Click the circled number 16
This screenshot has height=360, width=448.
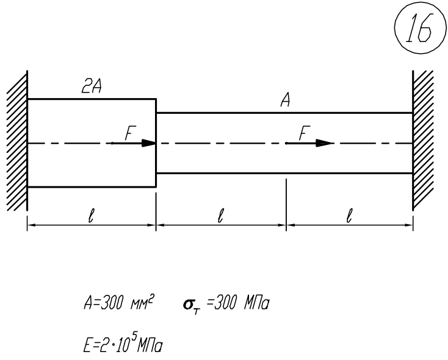421,27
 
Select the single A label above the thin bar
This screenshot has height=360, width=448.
286,101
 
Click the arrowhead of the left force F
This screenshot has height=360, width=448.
149,143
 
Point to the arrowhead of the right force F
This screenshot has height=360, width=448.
325,143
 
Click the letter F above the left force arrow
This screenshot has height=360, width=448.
130,133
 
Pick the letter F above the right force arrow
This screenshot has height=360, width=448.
305,133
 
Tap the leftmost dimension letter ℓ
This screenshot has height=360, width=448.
91,216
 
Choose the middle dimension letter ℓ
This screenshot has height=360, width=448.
220,216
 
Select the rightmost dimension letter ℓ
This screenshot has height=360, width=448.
349,216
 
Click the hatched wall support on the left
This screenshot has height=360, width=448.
17,141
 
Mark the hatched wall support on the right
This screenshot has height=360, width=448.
423,141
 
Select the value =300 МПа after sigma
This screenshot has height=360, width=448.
237,303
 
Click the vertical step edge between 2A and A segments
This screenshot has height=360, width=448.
156,143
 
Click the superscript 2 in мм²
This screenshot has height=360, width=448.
151,299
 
